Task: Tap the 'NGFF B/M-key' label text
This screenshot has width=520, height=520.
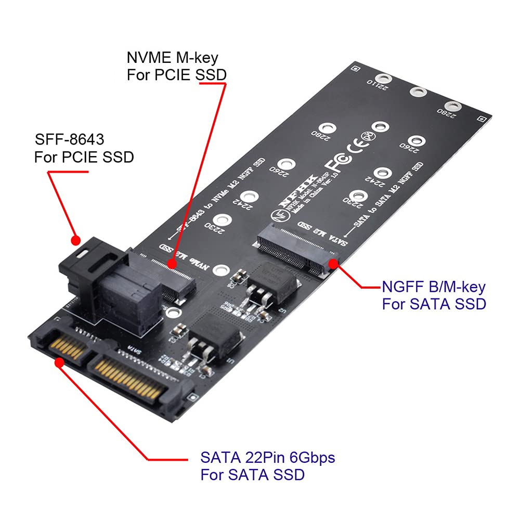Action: tap(434, 287)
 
